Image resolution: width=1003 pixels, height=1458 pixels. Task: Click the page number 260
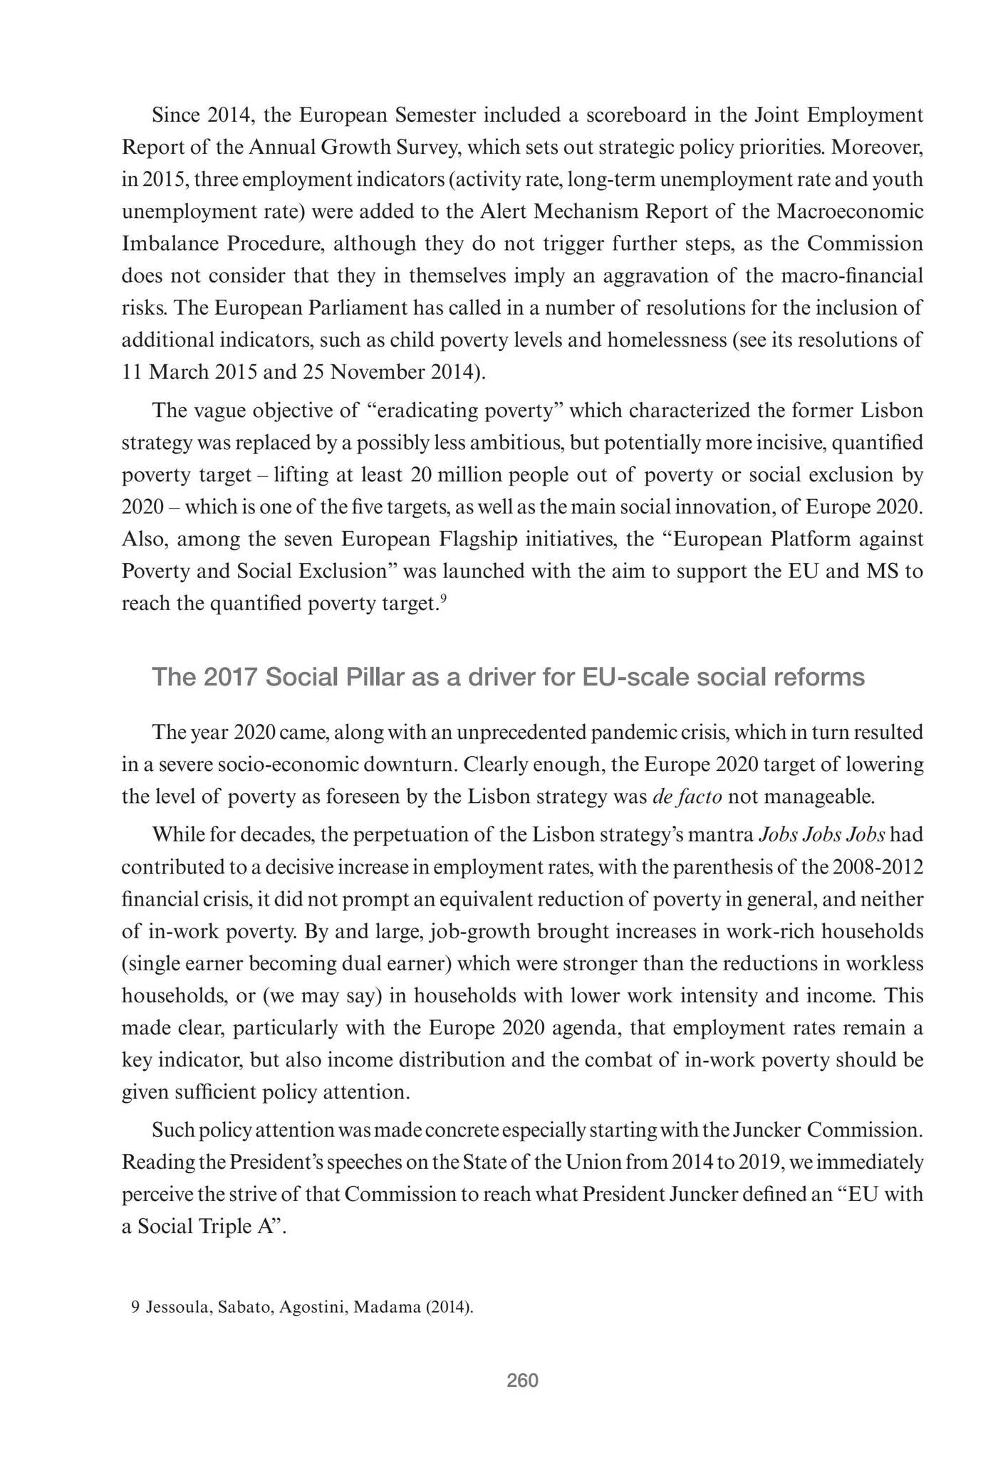click(x=522, y=1381)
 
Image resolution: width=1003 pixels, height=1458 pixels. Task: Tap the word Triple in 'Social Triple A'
click(x=214, y=1227)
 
